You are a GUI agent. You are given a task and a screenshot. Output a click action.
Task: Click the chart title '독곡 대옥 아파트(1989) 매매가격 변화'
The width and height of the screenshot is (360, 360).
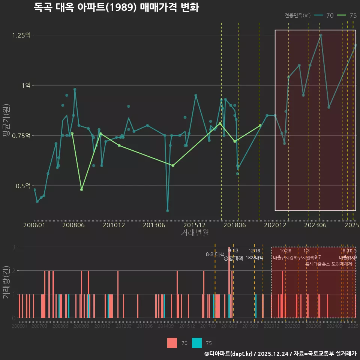pos(116,7)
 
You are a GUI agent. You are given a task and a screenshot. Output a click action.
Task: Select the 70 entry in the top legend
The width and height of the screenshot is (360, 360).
pos(324,15)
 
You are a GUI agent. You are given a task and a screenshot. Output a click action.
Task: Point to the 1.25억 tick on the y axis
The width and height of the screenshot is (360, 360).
pos(21,35)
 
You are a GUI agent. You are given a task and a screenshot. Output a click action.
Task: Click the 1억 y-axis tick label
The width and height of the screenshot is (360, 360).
pos(25,85)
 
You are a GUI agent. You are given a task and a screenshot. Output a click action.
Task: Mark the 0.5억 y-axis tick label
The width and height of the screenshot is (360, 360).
pos(23,186)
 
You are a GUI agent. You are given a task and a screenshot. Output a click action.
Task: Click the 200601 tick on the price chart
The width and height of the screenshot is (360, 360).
pos(34,225)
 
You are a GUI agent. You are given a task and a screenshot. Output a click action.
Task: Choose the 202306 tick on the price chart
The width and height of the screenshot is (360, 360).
pos(315,225)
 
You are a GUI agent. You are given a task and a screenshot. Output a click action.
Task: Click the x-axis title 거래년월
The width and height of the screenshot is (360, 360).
pos(195,232)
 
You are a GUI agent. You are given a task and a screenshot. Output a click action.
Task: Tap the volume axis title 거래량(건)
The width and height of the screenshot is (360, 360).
pos(6,282)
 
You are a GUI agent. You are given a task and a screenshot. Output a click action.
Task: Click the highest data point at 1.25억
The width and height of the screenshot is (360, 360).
pos(321,35)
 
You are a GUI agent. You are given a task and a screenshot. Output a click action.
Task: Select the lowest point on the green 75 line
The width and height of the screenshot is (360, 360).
pos(81,189)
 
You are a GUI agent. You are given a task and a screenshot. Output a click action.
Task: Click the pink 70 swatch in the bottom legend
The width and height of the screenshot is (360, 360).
pos(172,343)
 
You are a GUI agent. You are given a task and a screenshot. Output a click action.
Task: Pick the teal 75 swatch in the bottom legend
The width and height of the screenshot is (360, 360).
pos(197,343)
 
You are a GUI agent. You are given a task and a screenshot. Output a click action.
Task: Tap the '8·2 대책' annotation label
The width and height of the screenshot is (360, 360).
pos(215,254)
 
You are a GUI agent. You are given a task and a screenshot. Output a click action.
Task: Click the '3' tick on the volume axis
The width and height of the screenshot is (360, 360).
pos(13,247)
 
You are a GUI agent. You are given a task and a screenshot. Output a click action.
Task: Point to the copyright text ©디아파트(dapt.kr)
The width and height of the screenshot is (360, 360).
pos(229,354)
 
